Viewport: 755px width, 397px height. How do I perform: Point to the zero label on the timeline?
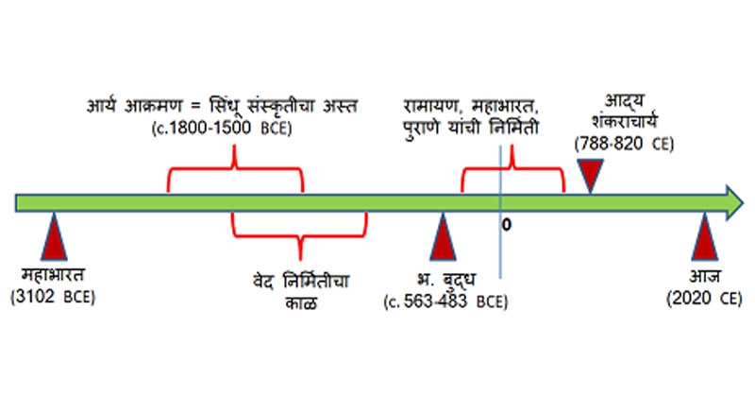(x=507, y=227)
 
